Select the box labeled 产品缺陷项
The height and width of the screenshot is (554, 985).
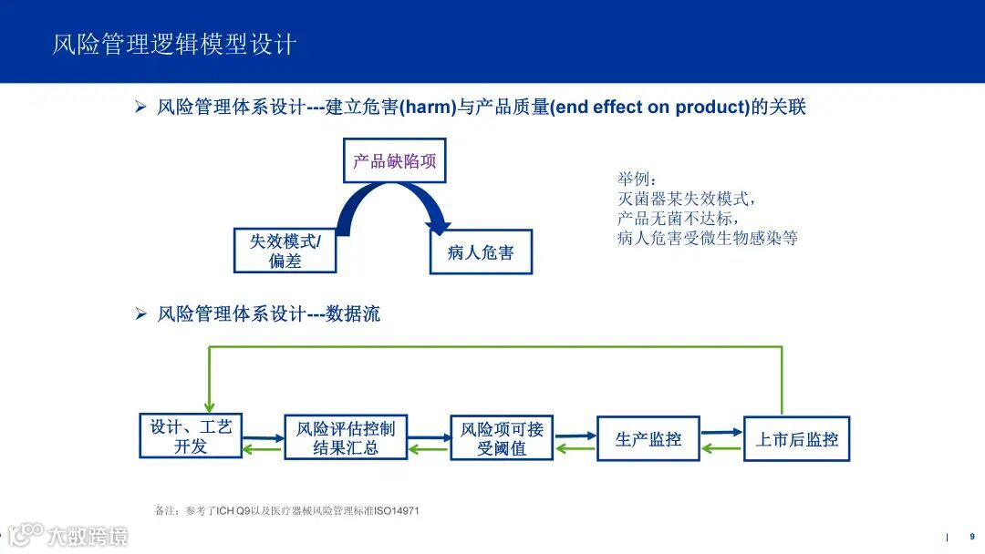point(394,161)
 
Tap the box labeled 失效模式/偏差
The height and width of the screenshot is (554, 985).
point(285,251)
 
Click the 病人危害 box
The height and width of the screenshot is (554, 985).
point(481,252)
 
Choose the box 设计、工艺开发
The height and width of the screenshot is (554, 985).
point(191,436)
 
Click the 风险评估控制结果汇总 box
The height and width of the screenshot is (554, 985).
point(346,438)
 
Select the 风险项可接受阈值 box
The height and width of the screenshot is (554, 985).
point(502,438)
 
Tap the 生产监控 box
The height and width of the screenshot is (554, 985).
point(648,439)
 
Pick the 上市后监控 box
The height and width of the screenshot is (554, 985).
point(796,439)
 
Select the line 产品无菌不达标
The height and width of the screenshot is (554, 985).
point(677,219)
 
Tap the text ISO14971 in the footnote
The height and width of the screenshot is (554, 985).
point(398,510)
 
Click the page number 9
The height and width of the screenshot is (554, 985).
point(971,537)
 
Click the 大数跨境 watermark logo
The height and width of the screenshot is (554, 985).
point(68,535)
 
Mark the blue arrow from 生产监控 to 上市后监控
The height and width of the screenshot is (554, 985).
point(721,433)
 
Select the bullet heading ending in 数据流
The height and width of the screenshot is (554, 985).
point(268,314)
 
